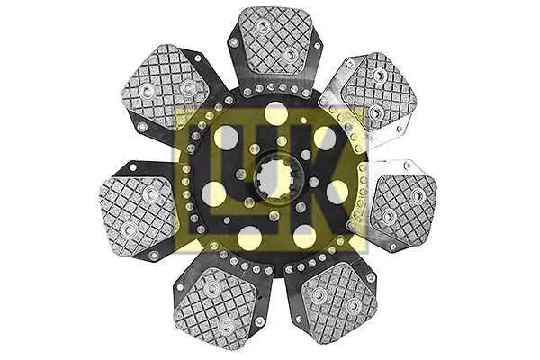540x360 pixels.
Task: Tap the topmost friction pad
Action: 275,40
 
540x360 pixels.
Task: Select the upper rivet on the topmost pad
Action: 263,25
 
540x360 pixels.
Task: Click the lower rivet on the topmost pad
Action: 289,54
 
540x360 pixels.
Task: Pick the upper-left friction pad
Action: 166,85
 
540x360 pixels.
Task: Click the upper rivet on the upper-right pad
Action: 379,75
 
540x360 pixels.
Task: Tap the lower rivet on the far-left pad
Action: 130,229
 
